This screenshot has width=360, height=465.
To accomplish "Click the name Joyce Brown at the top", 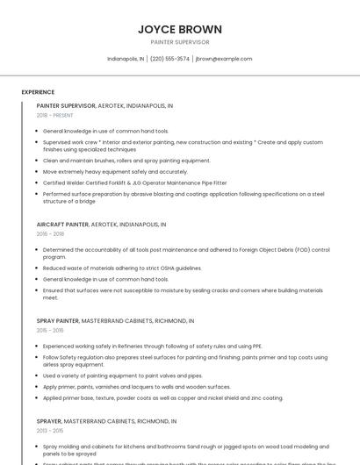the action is tap(180, 29).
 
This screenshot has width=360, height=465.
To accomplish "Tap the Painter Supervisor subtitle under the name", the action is tap(180, 42).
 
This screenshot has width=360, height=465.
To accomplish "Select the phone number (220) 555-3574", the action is tap(169, 59).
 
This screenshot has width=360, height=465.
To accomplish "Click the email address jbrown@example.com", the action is tap(224, 59).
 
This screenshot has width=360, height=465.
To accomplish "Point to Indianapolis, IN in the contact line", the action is tap(126, 59).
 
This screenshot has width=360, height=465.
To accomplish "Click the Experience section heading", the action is tap(38, 91).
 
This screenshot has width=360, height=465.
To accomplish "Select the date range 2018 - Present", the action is tap(55, 115).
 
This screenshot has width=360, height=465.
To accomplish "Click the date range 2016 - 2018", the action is tap(51, 234).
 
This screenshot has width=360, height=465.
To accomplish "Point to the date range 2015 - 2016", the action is tap(51, 331).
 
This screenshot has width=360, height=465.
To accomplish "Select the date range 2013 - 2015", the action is tap(51, 431).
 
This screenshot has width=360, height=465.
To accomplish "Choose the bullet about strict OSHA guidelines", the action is tap(122, 268).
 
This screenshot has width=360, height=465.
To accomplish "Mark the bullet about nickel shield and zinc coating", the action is tap(162, 397).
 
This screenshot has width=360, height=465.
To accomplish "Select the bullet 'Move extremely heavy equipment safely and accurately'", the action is tap(115, 171).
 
